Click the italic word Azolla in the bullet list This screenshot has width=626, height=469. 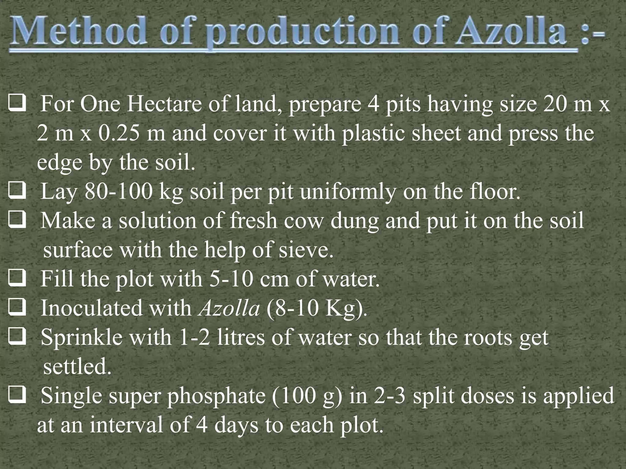[x=229, y=308]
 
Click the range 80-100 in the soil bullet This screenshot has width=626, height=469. [x=118, y=192]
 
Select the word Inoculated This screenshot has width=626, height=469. [x=91, y=308]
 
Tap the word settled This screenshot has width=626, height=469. [x=77, y=366]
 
